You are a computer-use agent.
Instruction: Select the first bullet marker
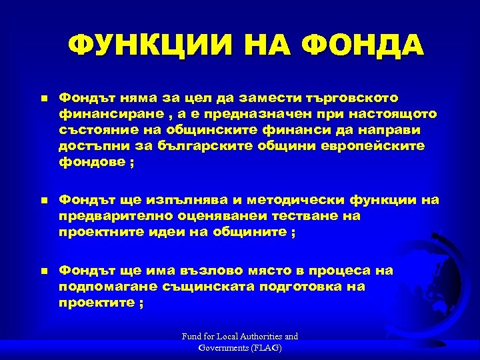click(x=43, y=98)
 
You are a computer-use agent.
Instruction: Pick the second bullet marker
click(x=43, y=201)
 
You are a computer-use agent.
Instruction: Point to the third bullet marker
click(x=43, y=271)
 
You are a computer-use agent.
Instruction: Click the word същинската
click(x=210, y=287)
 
